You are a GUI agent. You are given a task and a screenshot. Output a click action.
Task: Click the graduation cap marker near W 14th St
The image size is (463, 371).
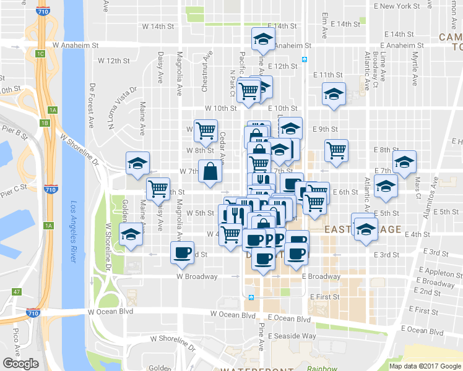click(264, 39)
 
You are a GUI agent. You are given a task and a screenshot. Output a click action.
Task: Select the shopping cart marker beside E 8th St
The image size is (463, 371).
click(336, 150)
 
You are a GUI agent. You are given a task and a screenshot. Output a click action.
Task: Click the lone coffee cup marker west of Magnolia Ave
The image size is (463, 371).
click(182, 253)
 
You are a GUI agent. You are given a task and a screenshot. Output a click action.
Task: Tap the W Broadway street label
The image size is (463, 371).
click(197, 276)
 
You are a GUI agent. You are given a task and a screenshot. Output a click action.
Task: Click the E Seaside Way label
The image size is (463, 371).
click(292, 336)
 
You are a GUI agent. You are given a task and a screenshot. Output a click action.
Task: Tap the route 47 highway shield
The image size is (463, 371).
click(17, 292)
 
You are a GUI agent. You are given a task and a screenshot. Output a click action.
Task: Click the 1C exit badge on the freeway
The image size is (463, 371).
click(40, 54)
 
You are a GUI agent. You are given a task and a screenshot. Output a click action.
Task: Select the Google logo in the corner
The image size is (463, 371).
click(21, 364)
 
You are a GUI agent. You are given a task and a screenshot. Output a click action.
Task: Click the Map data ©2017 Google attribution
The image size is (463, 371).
click(425, 366)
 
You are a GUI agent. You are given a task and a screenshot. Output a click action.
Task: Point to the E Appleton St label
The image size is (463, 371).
click(435, 272)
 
